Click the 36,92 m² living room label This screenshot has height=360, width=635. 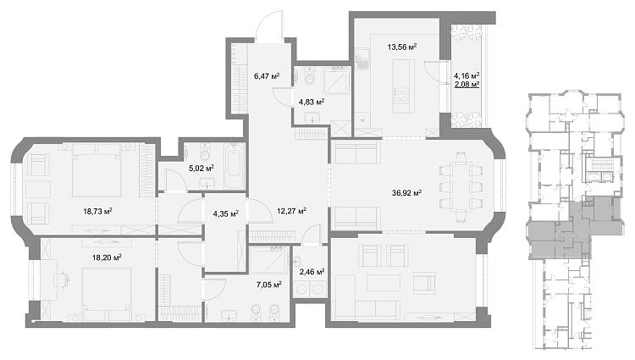coord(406,193)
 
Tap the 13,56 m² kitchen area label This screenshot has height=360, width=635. coord(402,47)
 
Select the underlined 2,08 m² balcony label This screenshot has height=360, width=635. coord(467,84)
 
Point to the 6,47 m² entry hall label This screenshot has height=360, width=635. coord(267,75)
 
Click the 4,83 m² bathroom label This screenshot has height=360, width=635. coord(312,102)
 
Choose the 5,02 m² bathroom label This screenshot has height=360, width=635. coord(202,168)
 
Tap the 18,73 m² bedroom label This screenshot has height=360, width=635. coord(97,211)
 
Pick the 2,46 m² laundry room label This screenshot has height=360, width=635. coord(312,272)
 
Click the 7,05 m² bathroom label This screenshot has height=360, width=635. coord(269,285)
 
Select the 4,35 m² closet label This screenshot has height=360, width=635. coord(225,213)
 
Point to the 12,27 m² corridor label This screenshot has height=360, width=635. coord(291,211)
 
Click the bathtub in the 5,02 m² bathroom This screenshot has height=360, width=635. coord(234,166)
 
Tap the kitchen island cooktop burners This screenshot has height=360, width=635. coord(401,96)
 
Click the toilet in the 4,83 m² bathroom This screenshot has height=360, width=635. coord(309,77)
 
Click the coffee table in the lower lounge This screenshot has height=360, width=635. coord(383,283)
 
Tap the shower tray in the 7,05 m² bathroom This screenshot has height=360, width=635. coord(269,260)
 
